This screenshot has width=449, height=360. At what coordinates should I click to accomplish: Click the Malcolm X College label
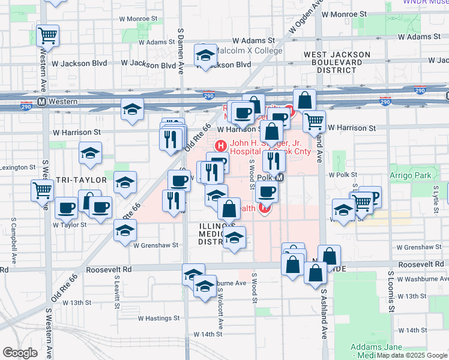coord(250,51)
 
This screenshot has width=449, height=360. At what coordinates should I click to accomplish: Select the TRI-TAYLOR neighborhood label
coord(81,180)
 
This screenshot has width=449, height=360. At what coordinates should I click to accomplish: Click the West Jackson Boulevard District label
coord(337,62)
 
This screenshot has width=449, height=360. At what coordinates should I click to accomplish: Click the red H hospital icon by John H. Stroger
coord(220,145)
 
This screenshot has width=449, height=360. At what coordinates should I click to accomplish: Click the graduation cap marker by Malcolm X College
coord(205,56)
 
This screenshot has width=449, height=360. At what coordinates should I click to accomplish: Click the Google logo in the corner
coord(19,353)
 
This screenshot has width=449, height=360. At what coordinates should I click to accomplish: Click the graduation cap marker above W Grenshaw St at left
coord(125,230)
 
